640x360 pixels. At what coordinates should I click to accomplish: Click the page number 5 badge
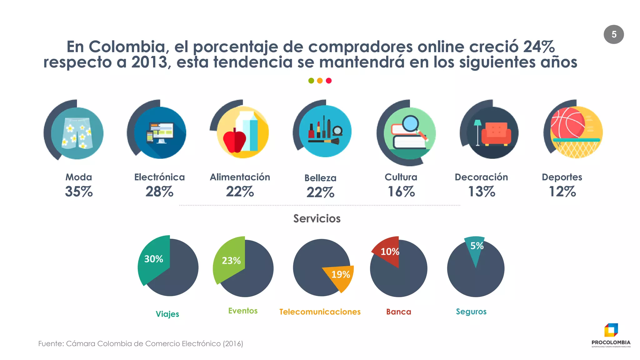click(613, 34)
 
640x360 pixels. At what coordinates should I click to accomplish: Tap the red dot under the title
click(328, 81)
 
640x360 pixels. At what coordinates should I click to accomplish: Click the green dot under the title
click(311, 81)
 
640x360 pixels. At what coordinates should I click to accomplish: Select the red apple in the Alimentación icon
click(234, 141)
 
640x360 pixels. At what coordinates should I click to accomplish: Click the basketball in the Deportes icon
click(567, 123)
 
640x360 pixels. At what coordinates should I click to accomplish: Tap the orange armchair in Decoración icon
click(496, 134)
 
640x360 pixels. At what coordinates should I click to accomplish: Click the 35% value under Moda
click(79, 191)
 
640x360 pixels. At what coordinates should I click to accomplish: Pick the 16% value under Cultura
click(401, 191)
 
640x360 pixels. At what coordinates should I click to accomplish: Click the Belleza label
click(320, 178)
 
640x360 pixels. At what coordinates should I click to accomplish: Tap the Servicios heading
click(317, 218)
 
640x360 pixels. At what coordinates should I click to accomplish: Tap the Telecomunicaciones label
click(320, 312)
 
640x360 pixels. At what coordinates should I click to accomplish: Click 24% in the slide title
click(539, 47)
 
